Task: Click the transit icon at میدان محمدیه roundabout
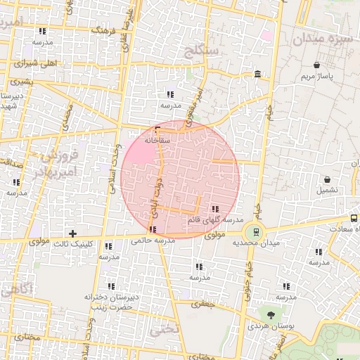click(x=255, y=230)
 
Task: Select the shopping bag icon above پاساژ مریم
click(x=317, y=64)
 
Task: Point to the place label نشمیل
click(x=327, y=190)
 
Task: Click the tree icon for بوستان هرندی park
click(x=269, y=312)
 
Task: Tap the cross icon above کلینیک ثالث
click(x=72, y=233)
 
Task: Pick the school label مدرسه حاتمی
click(x=153, y=240)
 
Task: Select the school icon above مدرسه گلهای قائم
click(x=214, y=208)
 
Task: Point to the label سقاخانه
click(x=158, y=140)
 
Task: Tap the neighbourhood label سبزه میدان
click(x=325, y=38)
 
